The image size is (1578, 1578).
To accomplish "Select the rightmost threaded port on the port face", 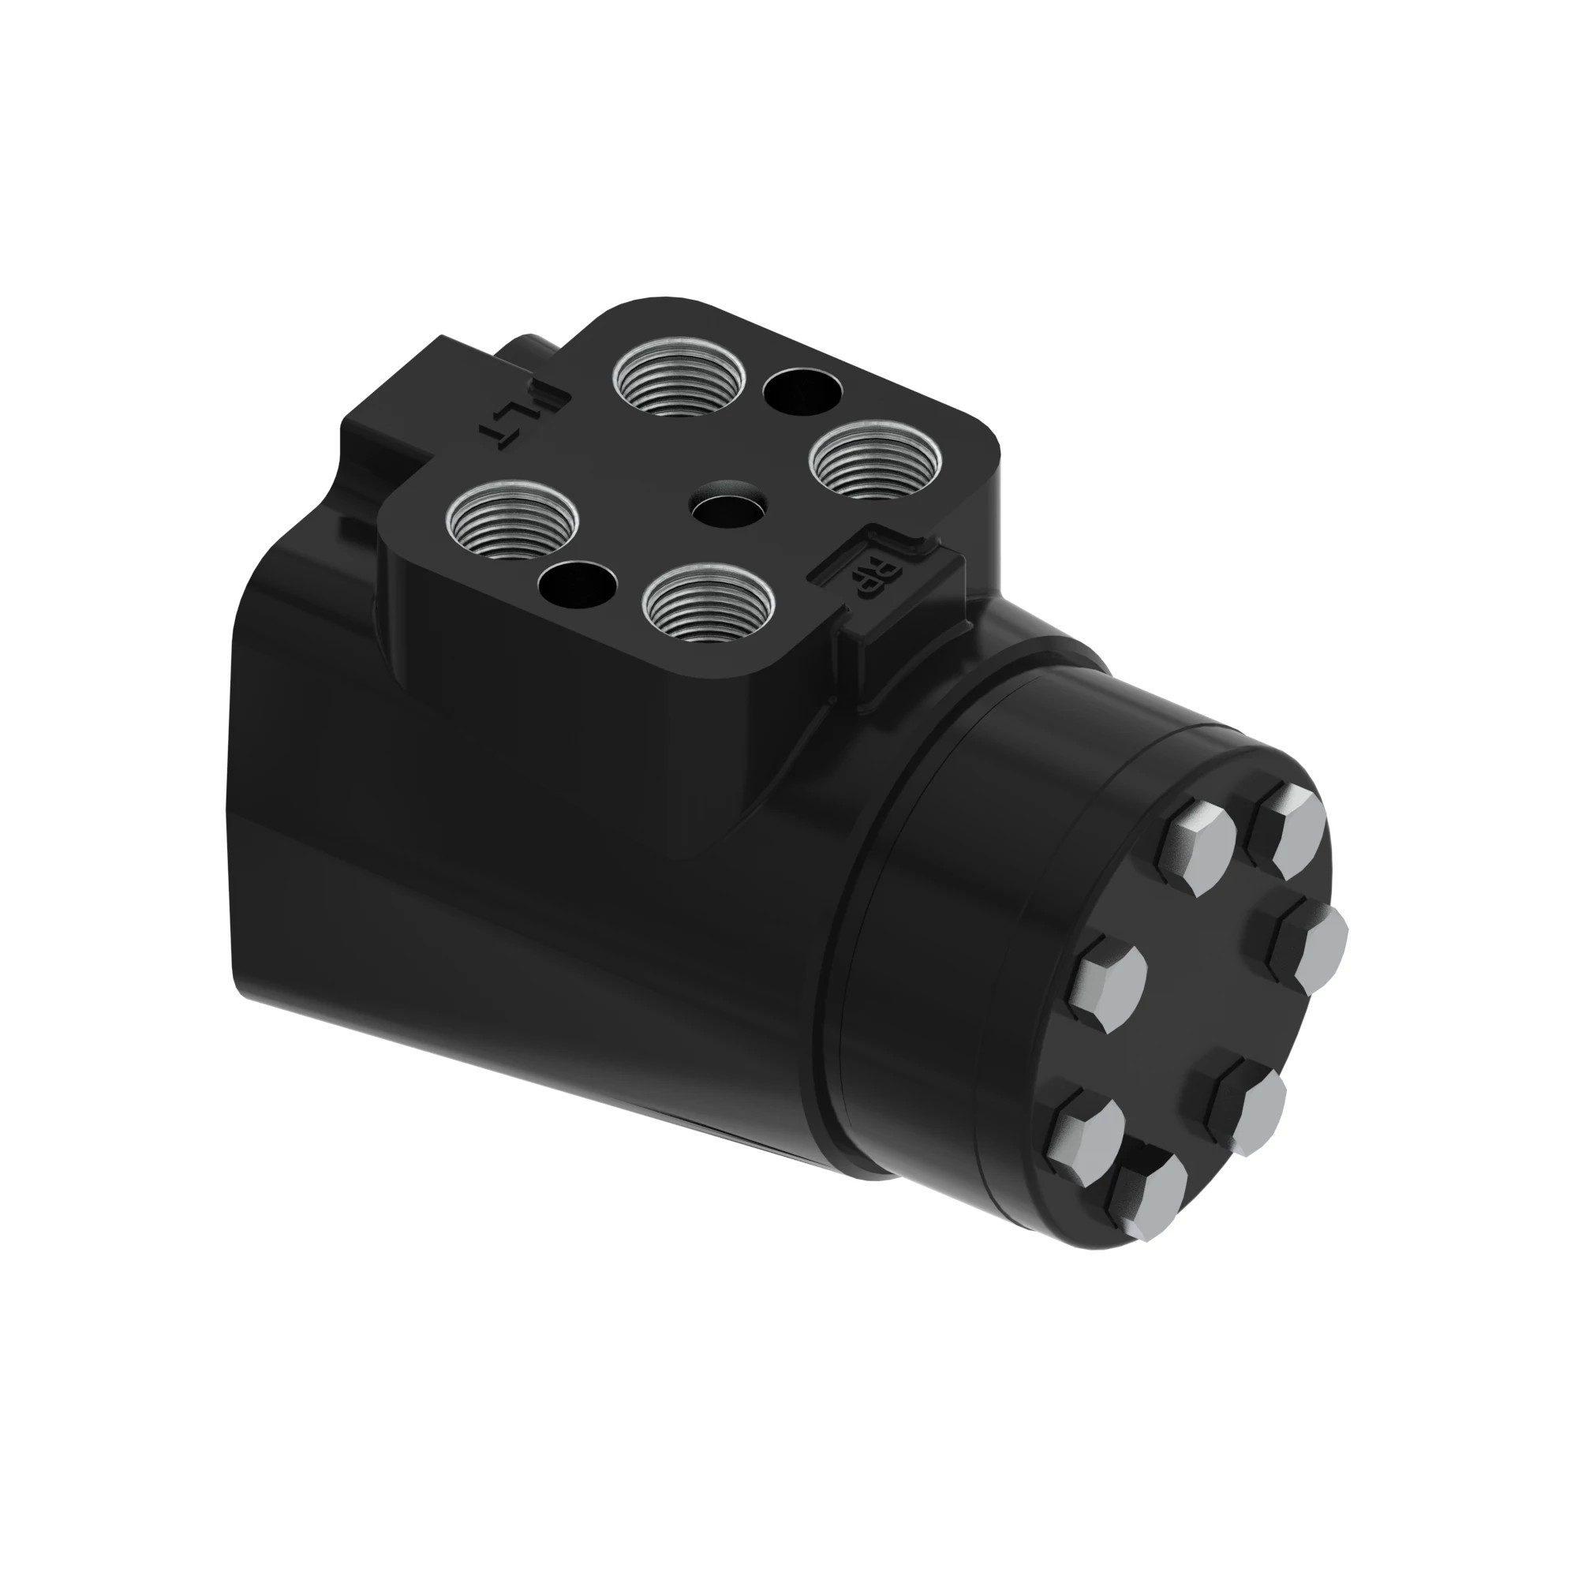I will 876,461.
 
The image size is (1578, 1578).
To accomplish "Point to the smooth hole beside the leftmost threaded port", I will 578,585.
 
